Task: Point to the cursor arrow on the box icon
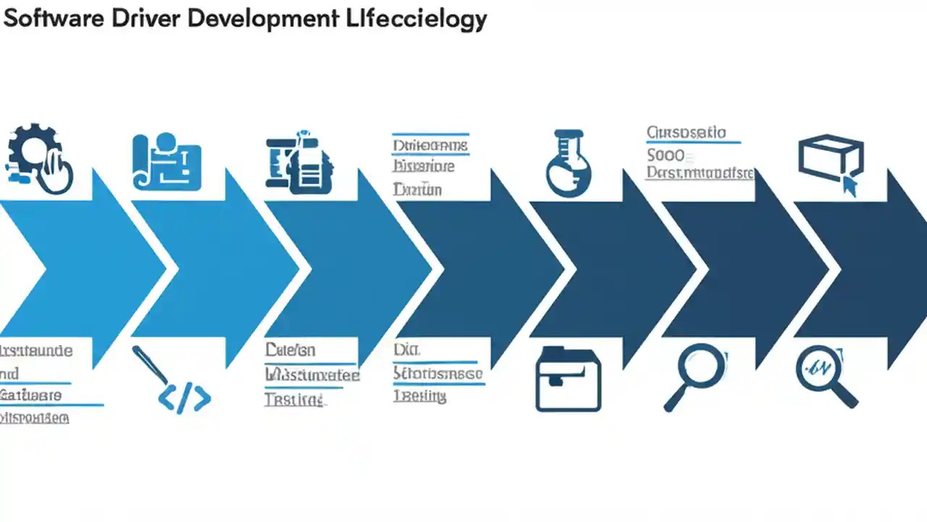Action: (849, 186)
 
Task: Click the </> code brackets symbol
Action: (185, 399)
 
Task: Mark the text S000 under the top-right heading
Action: (666, 154)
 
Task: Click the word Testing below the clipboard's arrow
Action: (294, 400)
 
